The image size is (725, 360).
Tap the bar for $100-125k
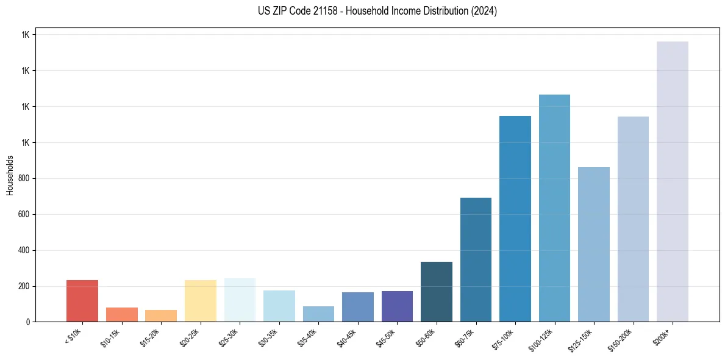click(554, 208)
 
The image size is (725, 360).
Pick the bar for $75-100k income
click(515, 219)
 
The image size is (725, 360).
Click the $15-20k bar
click(161, 315)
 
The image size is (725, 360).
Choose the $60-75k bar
click(476, 259)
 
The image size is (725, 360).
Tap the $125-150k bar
click(593, 244)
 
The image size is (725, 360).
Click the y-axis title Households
click(10, 175)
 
